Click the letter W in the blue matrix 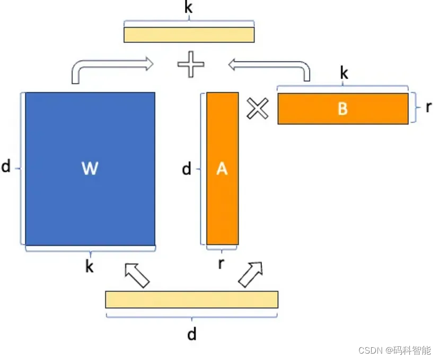click(90, 169)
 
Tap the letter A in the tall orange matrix click(222, 169)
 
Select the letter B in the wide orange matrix click(343, 109)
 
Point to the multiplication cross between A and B click(258, 109)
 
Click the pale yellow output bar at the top click(189, 34)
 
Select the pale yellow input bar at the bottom click(191, 300)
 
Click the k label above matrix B click(344, 74)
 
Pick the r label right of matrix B click(428, 107)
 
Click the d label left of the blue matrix click(6, 168)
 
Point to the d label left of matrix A click(187, 169)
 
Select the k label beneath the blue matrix click(90, 267)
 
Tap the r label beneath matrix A click(221, 264)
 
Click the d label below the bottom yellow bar click(191, 334)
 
